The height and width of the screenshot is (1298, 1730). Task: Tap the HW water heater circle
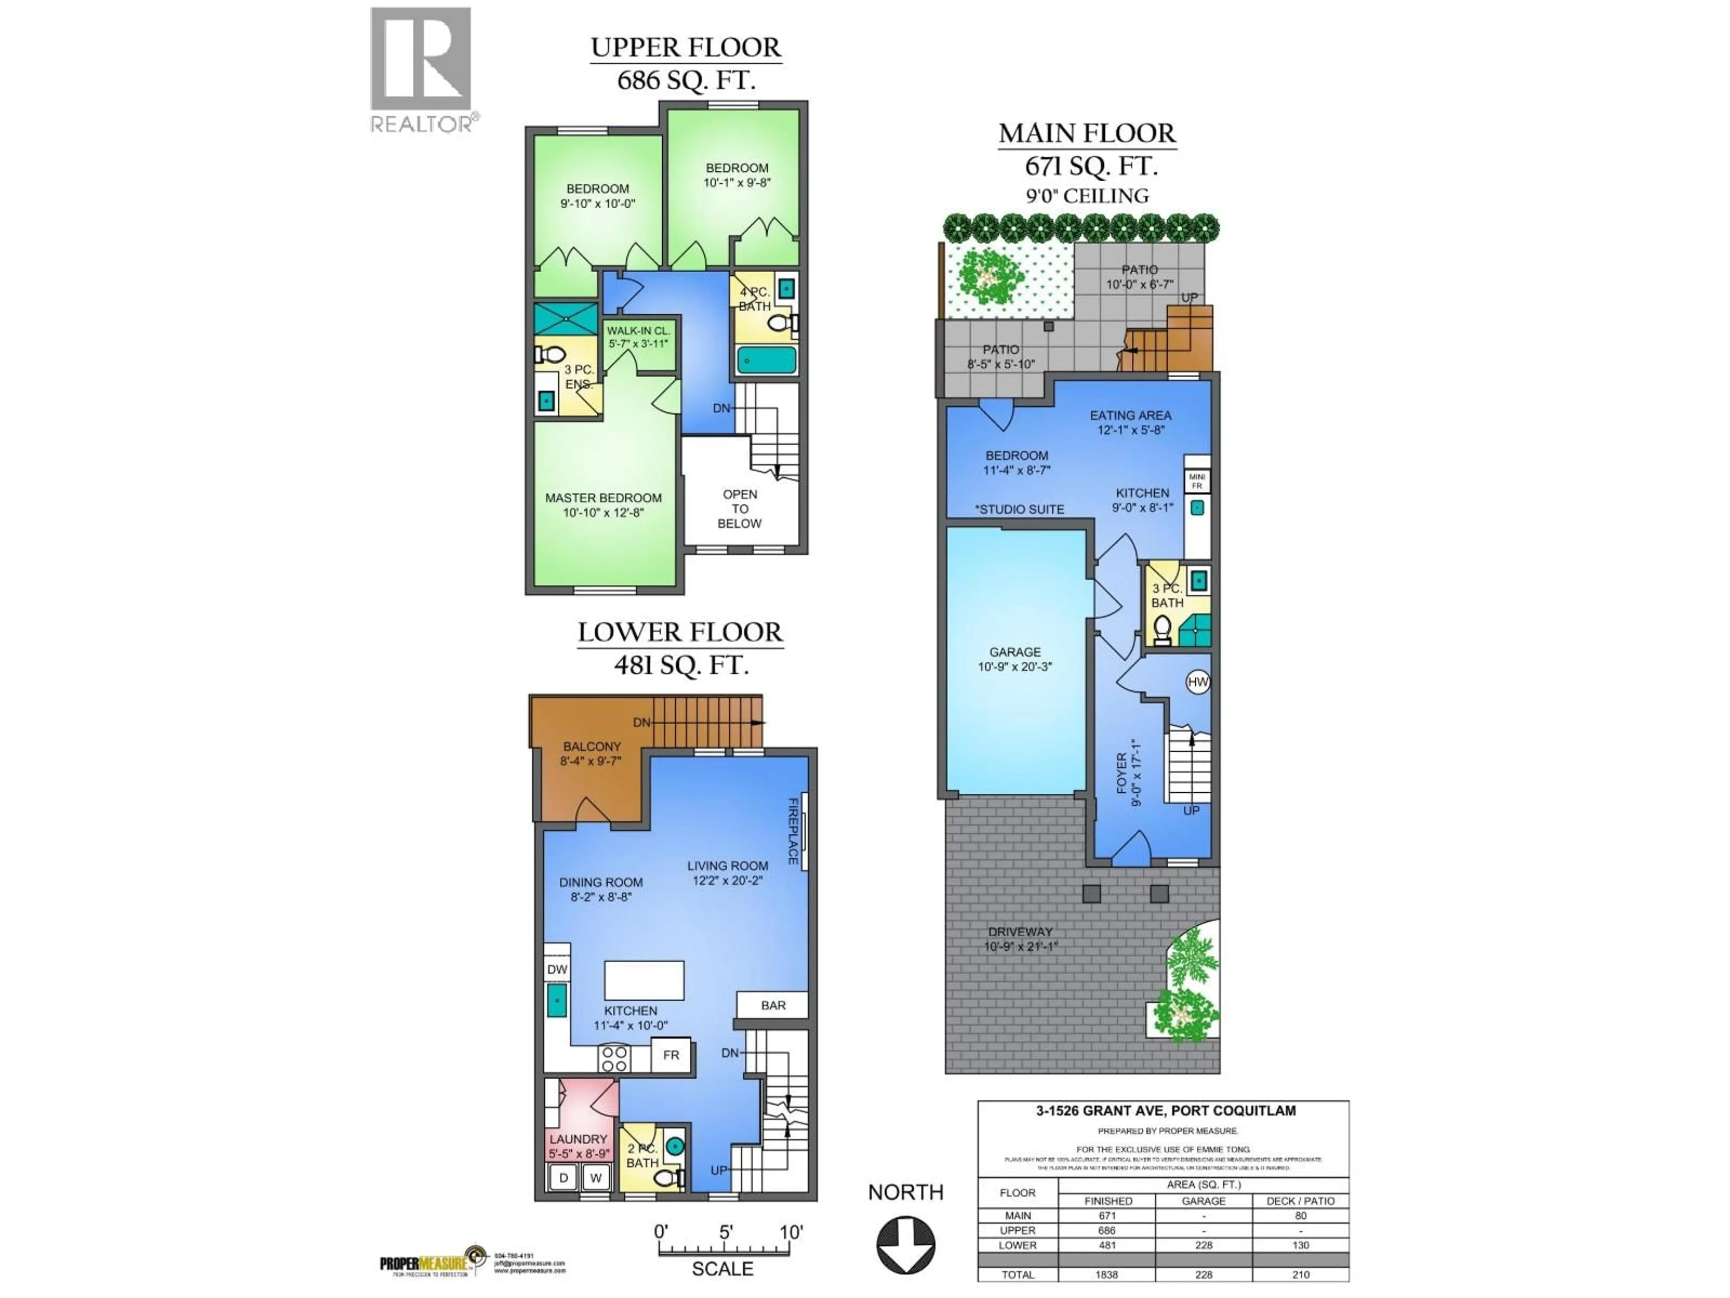(1197, 681)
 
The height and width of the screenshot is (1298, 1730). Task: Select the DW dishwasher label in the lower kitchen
(557, 969)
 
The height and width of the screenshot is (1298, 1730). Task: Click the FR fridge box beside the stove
(671, 1055)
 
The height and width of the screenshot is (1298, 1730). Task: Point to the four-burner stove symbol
(615, 1059)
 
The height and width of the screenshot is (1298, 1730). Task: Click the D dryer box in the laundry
(563, 1178)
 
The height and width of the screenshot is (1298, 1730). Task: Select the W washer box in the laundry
(596, 1178)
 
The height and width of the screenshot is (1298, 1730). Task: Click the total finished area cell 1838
(1106, 1275)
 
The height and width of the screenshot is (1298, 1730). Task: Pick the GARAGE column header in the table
(1203, 1201)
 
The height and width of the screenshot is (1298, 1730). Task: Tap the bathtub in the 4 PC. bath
(766, 361)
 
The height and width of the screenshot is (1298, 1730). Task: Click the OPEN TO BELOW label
(740, 508)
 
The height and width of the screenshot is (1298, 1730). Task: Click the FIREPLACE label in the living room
(792, 831)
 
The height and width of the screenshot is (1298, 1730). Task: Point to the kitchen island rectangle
(644, 980)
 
